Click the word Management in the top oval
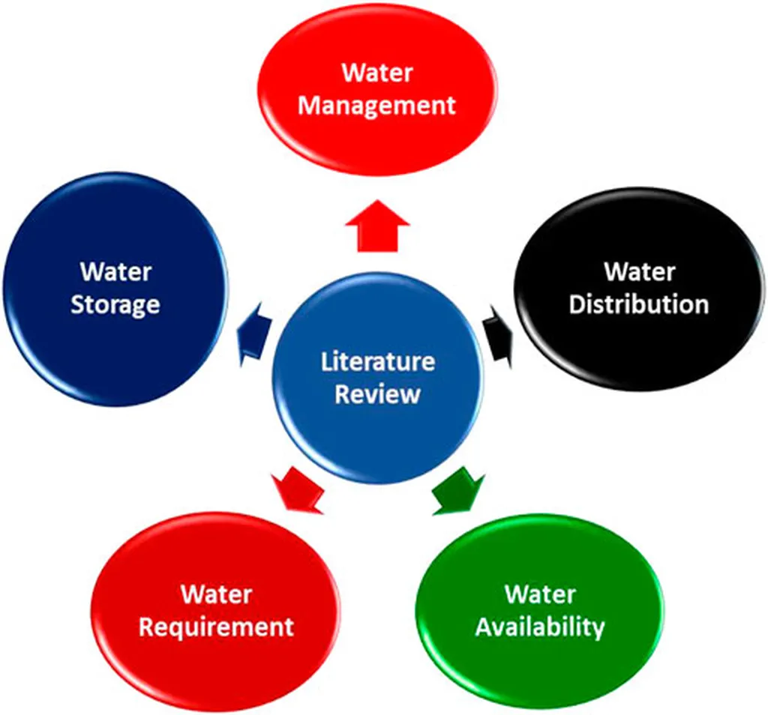pos(376,105)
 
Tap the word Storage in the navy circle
pos(115,305)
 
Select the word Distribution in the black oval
pos(638,304)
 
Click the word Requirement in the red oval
pos(216,627)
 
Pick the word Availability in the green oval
pos(539,627)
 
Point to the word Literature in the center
pos(377,361)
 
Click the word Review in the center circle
pos(377,394)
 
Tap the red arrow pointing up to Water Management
pos(377,226)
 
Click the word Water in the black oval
pos(639,271)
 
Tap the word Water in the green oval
pos(540,594)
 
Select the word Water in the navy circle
pos(115,271)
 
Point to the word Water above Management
pos(376,73)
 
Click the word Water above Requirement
pos(216,594)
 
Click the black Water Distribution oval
pos(638,345)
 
